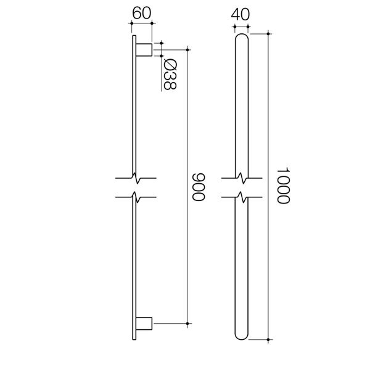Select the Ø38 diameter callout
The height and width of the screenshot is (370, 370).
coord(170,73)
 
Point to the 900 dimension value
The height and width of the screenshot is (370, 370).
coord(198,186)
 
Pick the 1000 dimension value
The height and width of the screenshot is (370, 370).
coord(282,186)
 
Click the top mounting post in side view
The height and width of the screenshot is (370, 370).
coord(144,49)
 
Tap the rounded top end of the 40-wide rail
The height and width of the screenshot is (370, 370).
coord(242,38)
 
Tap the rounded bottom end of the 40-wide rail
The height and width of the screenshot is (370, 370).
coord(242,334)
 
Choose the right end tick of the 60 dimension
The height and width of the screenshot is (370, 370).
coord(152,24)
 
